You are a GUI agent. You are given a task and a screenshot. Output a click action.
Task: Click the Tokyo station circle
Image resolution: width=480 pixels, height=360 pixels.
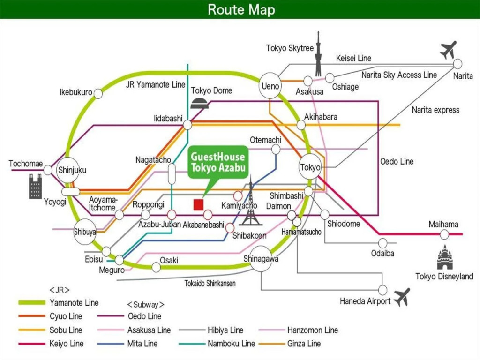[x=310, y=167]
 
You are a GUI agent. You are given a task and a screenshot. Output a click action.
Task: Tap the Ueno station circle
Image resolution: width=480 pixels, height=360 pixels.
[x=270, y=86]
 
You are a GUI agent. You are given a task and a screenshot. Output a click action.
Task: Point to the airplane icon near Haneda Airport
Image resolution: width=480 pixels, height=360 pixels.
[x=402, y=297]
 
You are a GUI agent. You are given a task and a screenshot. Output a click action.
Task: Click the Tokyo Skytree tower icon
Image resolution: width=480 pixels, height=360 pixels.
[x=318, y=54]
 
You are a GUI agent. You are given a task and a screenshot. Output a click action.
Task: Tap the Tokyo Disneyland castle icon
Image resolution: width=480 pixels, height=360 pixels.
[x=444, y=257]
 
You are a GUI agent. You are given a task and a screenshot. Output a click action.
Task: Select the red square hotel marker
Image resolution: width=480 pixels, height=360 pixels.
[x=198, y=205]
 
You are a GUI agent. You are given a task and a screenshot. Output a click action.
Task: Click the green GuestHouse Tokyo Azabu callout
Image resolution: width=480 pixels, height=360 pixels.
[x=217, y=163]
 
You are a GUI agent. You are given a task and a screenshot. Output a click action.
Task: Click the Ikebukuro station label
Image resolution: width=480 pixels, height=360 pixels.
[x=75, y=92]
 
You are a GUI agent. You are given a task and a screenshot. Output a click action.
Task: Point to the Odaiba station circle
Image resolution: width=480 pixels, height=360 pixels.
[x=383, y=243]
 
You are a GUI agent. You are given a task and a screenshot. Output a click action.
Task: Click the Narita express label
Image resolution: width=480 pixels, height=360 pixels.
[x=435, y=110]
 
